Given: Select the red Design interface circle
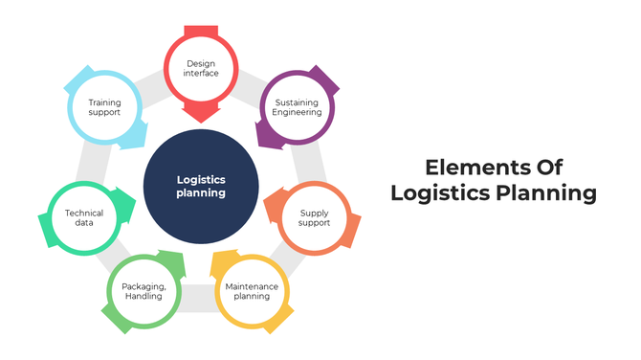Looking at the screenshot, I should pos(201,70).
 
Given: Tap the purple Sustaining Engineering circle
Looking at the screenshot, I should pos(298,107).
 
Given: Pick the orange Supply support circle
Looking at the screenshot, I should pos(315,217).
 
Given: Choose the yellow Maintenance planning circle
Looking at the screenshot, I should pos(251,291).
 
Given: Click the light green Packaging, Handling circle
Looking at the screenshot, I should pos(144,291).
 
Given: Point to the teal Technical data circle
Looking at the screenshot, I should pos(84,217).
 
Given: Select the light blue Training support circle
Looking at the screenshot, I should pos(104,107).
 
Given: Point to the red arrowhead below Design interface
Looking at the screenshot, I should pos(201,113).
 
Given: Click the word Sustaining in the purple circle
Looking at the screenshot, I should pos(298,101).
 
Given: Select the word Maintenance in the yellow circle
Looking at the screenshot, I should pos(251,285).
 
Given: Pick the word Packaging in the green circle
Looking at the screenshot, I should pos(144,285).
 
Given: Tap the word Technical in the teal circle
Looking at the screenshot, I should pos(84,212).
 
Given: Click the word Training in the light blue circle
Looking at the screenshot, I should pos(104,101).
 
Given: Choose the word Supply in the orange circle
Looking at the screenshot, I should pos(315,212).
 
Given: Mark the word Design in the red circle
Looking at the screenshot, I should pos(201,64).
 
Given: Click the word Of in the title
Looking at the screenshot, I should pos(544,167).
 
